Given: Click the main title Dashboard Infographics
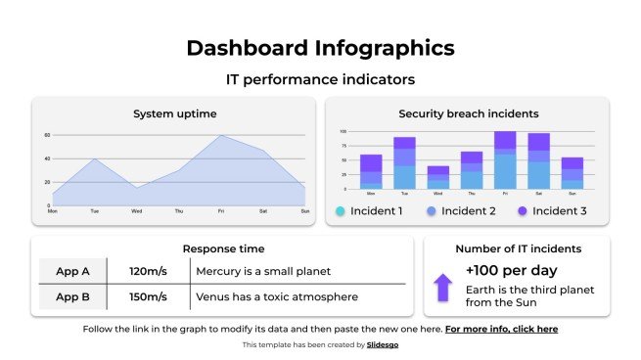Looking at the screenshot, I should pos(320,47).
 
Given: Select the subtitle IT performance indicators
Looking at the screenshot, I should pos(320,78).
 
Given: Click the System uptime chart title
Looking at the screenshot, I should pos(174,114).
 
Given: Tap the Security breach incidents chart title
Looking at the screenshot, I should pos(468,113).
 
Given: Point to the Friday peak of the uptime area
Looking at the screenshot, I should pos(221,136).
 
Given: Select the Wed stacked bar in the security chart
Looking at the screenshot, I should pos(438,177).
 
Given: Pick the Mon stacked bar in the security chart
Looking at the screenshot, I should pos(371,171).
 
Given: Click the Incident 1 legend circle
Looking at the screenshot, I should pos(341,210).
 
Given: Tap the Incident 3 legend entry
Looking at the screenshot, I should pos(554,210).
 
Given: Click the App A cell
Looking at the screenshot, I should pos(72,271).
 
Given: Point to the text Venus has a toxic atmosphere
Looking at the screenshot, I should pos(276,296).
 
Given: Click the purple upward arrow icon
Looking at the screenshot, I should pos(443,287).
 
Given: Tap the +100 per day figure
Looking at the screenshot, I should pos(511,269).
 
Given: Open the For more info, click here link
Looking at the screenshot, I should pos(501,330).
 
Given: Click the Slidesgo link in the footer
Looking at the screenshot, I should pos(382,345).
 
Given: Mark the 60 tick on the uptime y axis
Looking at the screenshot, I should pos(46,135).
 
